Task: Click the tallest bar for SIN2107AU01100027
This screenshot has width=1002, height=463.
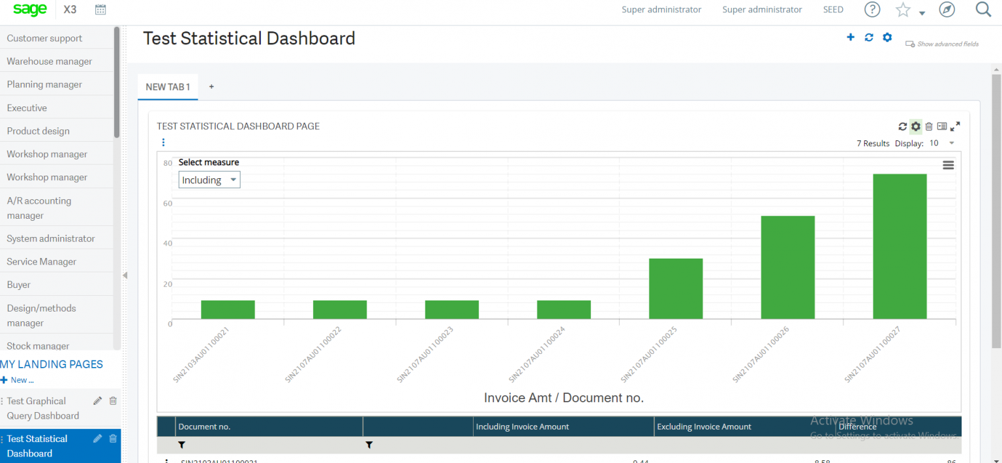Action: click(900, 246)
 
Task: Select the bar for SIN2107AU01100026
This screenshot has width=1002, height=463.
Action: click(787, 267)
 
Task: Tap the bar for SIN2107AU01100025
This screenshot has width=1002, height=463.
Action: click(675, 289)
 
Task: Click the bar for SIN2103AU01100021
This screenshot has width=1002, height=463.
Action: click(228, 310)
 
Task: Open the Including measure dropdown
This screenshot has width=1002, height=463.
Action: click(209, 180)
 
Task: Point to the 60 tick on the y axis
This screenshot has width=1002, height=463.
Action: click(168, 203)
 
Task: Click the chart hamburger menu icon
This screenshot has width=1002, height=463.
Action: click(948, 165)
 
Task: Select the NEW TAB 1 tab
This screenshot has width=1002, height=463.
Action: click(168, 87)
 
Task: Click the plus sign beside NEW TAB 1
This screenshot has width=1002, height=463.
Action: click(211, 87)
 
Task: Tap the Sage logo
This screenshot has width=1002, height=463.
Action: click(30, 10)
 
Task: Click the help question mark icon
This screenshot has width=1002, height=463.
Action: click(872, 10)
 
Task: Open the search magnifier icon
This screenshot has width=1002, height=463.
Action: click(983, 10)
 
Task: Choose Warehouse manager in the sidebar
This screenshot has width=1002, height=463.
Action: click(50, 61)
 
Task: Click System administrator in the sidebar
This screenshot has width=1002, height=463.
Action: click(51, 238)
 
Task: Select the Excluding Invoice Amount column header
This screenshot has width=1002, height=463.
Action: click(704, 426)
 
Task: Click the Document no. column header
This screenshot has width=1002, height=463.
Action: click(204, 426)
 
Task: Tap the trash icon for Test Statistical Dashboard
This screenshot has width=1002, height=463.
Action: click(113, 439)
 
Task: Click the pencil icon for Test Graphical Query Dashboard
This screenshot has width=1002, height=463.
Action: click(98, 401)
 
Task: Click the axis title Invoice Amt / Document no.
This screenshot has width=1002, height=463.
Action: click(564, 398)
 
